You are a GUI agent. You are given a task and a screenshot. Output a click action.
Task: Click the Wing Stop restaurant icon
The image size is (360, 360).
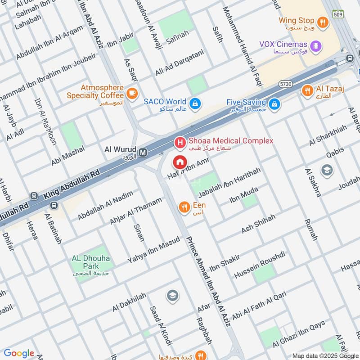pos(322,21)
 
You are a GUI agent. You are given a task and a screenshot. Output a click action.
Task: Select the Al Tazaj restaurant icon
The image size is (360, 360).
pos(307,90)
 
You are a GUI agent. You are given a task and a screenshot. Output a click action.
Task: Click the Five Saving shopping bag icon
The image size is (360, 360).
pos(274,105)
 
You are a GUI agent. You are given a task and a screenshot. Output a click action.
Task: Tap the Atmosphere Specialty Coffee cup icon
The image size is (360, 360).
pos(131,93)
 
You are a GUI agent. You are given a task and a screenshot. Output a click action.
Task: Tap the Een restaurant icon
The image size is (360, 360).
pos(184,207)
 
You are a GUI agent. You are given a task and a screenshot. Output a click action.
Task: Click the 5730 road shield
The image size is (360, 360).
pos(285,84)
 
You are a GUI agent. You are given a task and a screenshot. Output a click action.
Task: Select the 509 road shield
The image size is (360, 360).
pos(339,15)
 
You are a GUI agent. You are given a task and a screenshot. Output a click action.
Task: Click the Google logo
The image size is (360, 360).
pos(19,353)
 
